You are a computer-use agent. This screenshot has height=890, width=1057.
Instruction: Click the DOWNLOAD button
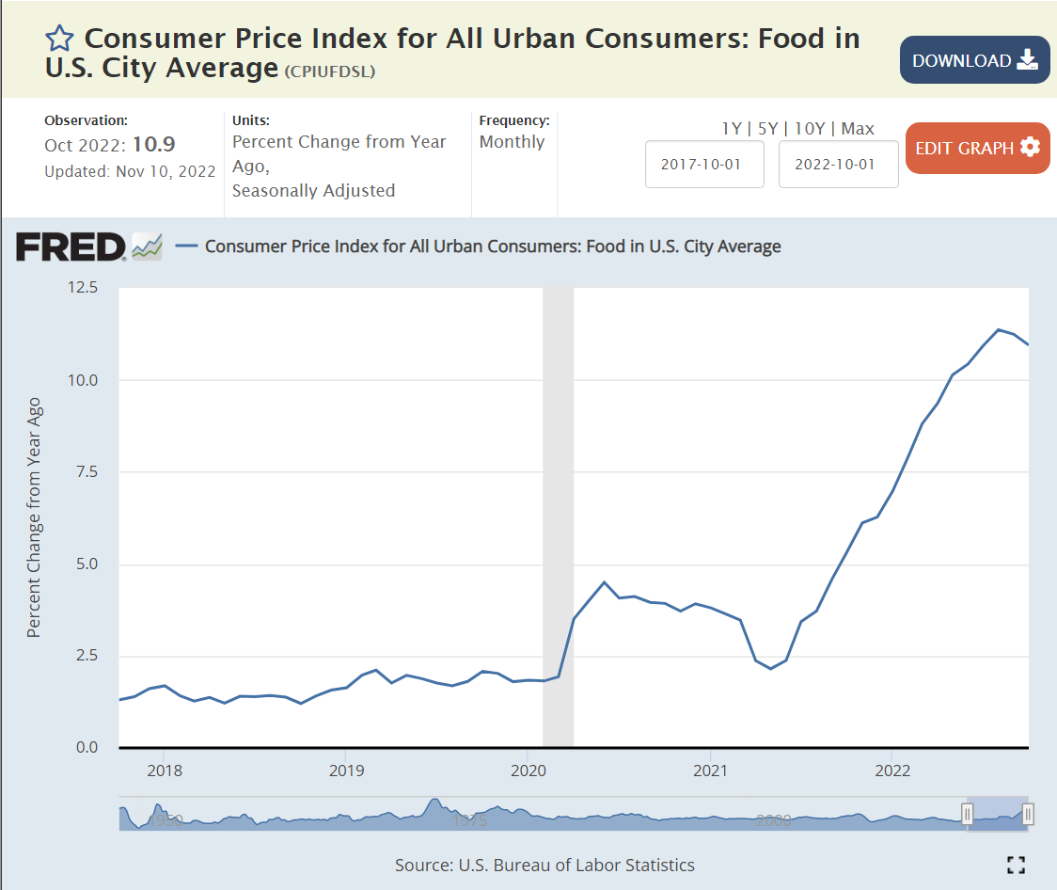point(974,60)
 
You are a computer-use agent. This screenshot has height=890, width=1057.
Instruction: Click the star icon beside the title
point(59,39)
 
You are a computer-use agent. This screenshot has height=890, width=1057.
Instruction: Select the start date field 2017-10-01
point(704,164)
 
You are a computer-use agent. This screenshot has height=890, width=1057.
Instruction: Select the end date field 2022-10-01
point(838,164)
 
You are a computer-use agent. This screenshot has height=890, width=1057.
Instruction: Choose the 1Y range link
point(731,129)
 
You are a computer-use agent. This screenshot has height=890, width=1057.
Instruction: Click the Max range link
point(858,129)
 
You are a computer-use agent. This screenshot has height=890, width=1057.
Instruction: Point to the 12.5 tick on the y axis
point(82,288)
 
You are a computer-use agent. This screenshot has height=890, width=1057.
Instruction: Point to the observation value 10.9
point(153,145)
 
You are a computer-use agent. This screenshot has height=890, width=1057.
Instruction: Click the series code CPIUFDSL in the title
point(329,72)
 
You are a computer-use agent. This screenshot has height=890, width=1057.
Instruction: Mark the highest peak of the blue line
point(999,329)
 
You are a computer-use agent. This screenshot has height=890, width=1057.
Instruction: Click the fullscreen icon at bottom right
point(1016,865)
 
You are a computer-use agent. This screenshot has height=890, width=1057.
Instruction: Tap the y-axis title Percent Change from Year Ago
point(35,517)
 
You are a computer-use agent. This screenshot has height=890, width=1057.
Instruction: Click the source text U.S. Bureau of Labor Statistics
point(576,865)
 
